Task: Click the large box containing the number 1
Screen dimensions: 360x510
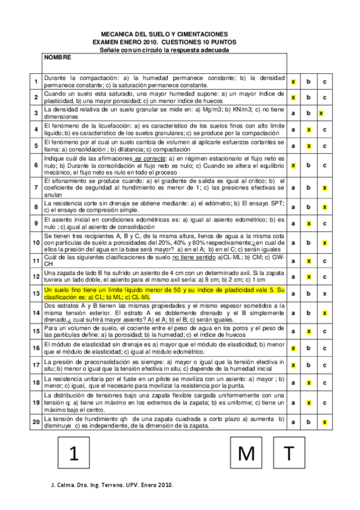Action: (x=75, y=453)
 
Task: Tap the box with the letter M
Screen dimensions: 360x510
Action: (x=247, y=453)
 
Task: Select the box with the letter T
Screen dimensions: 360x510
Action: (x=290, y=453)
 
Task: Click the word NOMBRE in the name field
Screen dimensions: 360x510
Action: (x=58, y=58)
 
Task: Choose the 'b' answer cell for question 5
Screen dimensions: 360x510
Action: (x=308, y=146)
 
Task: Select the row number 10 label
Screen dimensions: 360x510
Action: (x=36, y=242)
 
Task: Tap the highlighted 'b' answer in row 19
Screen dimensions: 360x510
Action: (x=308, y=404)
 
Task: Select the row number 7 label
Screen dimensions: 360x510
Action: (x=36, y=188)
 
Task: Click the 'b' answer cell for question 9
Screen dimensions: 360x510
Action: (x=308, y=223)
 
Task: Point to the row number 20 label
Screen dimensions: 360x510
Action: (x=36, y=423)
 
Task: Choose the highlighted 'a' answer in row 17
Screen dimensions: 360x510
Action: (x=293, y=364)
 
